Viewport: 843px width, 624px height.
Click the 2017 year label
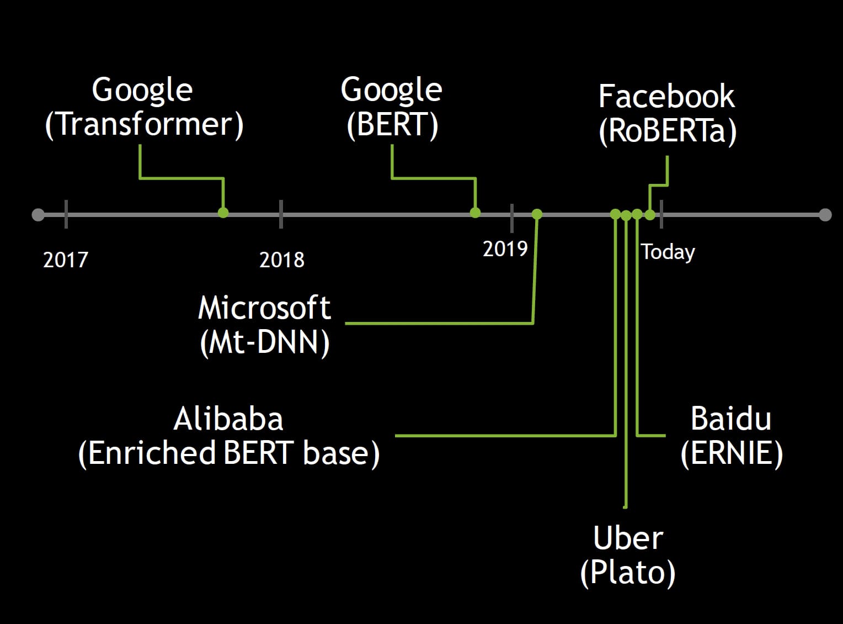[x=66, y=260]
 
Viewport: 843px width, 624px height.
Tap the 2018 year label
[x=281, y=260]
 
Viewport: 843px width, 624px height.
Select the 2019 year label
[x=505, y=249]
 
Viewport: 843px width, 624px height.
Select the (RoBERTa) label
[x=668, y=131]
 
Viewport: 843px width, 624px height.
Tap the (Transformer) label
[x=144, y=124]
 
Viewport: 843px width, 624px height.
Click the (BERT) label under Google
[x=392, y=124]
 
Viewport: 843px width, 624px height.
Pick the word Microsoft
[x=264, y=308]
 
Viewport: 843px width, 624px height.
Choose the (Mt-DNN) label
[x=264, y=342]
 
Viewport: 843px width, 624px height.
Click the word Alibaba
[x=228, y=419]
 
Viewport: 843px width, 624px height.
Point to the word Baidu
[x=731, y=419]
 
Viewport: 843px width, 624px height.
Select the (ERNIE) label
[x=732, y=453]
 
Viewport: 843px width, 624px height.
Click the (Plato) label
[x=628, y=573]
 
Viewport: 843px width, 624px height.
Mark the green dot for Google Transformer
[x=223, y=213]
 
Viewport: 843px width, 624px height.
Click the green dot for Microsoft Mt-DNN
[x=537, y=214]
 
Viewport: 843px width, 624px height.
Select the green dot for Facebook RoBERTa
[x=650, y=215]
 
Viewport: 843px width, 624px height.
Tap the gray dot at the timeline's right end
[x=825, y=215]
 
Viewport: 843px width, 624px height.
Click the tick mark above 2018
[x=281, y=214]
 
